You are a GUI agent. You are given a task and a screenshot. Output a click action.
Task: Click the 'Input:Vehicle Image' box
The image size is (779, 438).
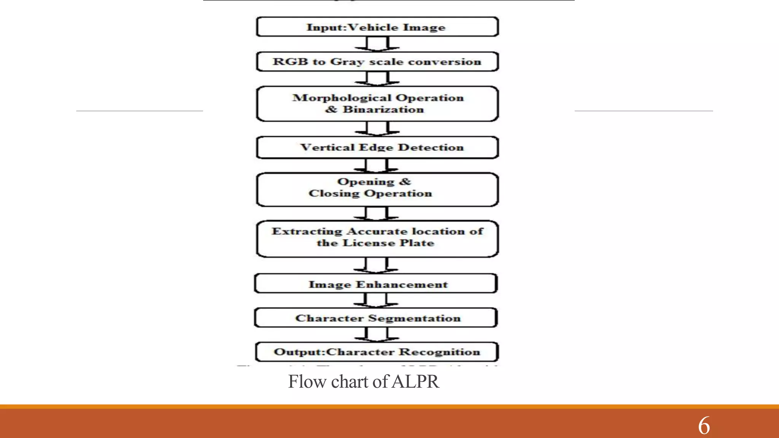click(x=377, y=27)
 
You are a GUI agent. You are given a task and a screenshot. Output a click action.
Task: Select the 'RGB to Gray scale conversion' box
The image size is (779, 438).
click(x=377, y=62)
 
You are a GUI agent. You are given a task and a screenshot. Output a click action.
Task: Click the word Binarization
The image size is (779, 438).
click(x=383, y=109)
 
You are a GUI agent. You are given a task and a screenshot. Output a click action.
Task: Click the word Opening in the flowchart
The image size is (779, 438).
click(x=366, y=182)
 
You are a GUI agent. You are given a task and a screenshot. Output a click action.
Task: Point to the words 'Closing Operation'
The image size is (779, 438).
click(x=370, y=194)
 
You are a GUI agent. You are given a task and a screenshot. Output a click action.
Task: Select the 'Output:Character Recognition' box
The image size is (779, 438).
click(x=377, y=352)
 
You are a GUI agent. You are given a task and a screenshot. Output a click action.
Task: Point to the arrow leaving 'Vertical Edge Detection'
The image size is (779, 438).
click(x=376, y=166)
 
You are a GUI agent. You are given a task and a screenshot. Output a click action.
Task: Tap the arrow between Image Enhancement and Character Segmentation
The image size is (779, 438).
click(x=376, y=300)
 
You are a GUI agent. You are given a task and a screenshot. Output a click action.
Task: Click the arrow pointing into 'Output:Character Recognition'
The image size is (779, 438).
click(x=377, y=335)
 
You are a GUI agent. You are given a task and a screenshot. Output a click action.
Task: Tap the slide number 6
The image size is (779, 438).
click(x=704, y=425)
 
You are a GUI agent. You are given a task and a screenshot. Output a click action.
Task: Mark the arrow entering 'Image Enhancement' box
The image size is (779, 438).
click(x=376, y=265)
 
